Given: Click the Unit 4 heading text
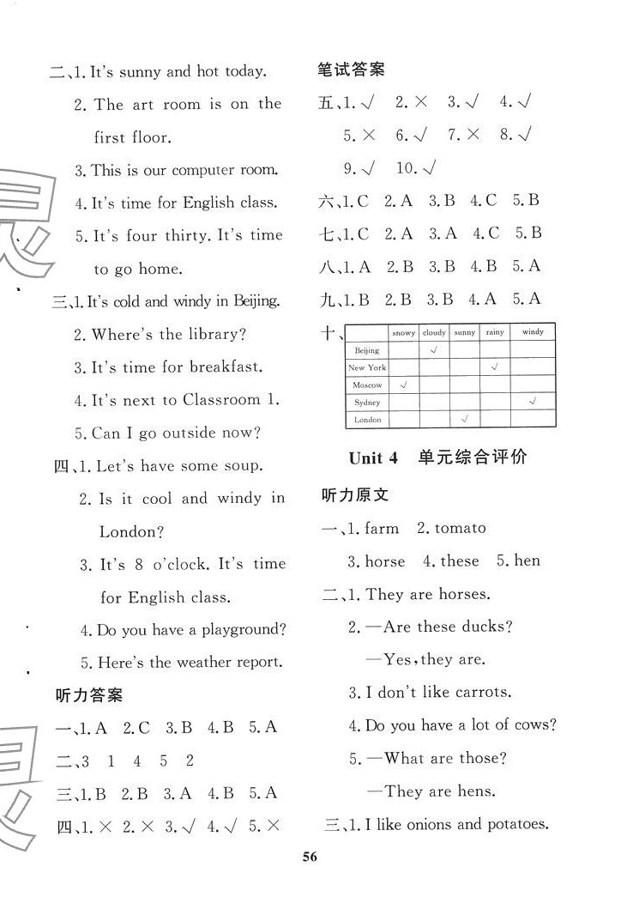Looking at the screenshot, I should click(x=374, y=458).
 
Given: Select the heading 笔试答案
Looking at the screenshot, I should click(x=351, y=70).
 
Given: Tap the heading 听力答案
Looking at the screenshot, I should click(x=88, y=694).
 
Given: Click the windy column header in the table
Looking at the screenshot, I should click(x=532, y=332).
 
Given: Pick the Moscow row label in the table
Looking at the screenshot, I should click(x=367, y=385).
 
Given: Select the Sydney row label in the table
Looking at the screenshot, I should click(x=367, y=403).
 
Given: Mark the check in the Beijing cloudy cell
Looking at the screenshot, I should click(x=434, y=350).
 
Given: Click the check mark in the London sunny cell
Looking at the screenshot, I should click(x=464, y=420).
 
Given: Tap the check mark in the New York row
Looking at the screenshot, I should click(x=495, y=367).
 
